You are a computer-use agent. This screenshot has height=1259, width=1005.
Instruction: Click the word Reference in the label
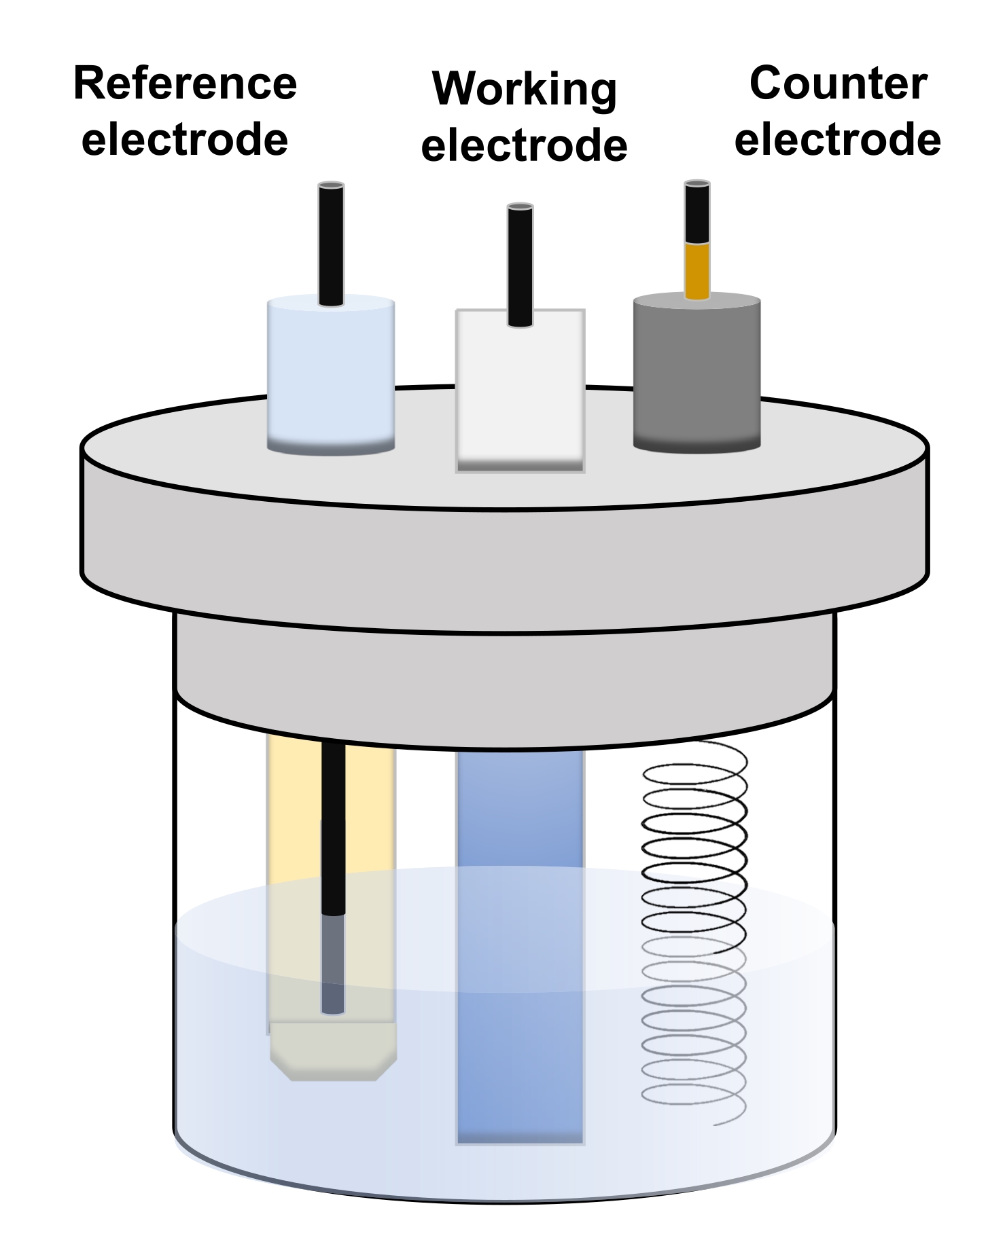(x=185, y=84)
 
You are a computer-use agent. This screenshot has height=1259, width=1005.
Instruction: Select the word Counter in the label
(x=838, y=84)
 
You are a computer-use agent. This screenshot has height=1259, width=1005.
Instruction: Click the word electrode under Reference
(x=185, y=139)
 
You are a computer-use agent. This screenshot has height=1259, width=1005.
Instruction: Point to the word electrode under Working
(x=524, y=145)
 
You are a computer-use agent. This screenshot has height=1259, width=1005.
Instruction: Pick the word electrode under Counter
(x=838, y=139)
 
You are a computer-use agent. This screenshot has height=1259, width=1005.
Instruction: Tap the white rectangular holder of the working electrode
(x=520, y=390)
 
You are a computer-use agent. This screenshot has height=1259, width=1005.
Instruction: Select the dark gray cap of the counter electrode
(x=697, y=372)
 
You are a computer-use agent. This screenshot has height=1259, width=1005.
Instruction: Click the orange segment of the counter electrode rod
(x=697, y=271)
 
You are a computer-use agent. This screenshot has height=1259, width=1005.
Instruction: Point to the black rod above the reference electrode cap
(x=331, y=244)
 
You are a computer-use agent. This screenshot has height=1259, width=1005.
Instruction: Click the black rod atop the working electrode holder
(x=520, y=266)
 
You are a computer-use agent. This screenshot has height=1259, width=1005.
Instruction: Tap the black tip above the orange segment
(x=697, y=212)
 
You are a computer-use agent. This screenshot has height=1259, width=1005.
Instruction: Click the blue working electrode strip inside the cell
(x=521, y=947)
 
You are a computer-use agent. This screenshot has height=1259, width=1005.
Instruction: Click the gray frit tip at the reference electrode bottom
(x=333, y=1051)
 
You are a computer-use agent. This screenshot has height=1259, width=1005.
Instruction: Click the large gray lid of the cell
(x=504, y=509)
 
